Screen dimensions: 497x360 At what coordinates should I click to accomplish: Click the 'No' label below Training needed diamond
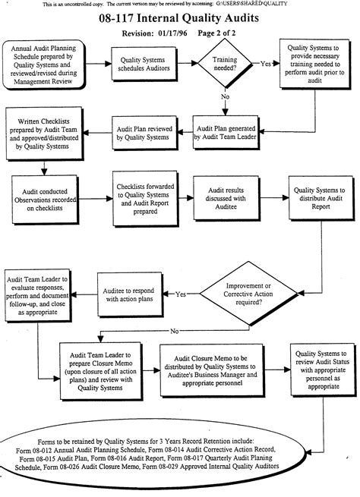pos(226,97)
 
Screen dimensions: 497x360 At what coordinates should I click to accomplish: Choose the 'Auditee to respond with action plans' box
pos(135,293)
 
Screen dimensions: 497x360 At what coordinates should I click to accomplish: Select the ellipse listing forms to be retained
pos(179,449)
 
